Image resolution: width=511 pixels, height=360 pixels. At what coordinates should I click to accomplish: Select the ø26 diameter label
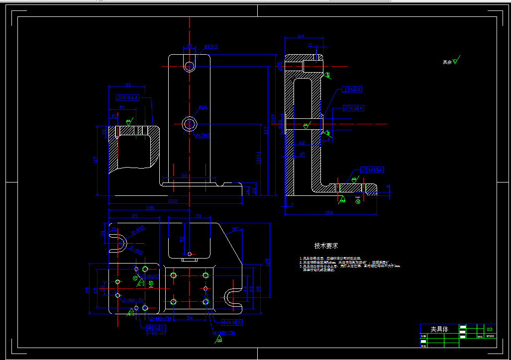[203, 107]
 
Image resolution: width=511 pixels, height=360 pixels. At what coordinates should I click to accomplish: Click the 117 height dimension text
[95, 160]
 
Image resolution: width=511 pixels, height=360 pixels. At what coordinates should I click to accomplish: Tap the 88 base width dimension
[184, 176]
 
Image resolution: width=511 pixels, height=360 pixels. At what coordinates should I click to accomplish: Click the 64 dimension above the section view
[301, 36]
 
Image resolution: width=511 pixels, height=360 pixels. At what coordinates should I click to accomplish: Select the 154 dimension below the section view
[328, 213]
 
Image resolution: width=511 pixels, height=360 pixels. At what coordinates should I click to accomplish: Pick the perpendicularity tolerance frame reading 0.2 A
[352, 90]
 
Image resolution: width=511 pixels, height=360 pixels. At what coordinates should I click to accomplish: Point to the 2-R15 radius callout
[139, 231]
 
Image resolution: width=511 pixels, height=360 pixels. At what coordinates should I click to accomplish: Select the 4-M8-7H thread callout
[222, 333]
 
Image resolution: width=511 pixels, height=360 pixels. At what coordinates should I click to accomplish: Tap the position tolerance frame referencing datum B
[232, 322]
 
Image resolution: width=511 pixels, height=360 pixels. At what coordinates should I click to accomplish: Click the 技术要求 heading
[326, 246]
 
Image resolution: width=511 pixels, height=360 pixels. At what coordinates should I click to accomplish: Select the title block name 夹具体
[439, 329]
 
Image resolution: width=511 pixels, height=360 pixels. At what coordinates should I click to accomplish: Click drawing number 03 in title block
[490, 329]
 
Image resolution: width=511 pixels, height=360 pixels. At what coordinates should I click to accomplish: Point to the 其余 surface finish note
[447, 62]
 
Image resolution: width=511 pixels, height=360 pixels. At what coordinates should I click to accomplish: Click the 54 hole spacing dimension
[190, 317]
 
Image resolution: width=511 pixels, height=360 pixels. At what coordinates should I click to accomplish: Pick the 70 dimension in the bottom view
[198, 216]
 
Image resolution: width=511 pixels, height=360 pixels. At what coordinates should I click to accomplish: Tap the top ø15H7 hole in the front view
[190, 66]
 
